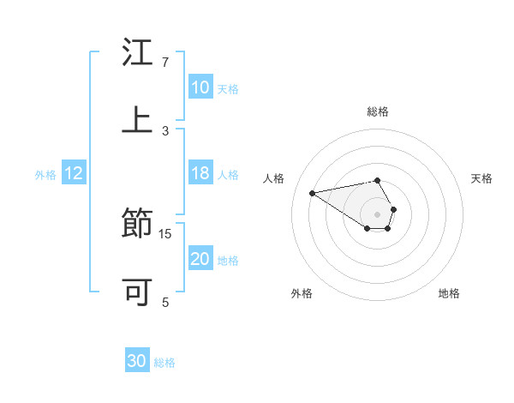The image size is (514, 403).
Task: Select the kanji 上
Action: (137, 119)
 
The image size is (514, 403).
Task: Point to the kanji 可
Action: (137, 292)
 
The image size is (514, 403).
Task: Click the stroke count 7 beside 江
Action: (165, 63)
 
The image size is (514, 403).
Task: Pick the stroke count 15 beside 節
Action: (165, 233)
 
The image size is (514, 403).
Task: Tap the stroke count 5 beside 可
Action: (165, 302)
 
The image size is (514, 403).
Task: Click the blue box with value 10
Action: (200, 87)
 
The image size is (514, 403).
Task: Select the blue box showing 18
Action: (200, 173)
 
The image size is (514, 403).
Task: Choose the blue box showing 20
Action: (200, 259)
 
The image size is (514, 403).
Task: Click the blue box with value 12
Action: (74, 174)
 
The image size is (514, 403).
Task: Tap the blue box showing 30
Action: (137, 361)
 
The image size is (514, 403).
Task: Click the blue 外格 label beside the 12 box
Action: (45, 175)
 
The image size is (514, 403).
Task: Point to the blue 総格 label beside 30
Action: (164, 363)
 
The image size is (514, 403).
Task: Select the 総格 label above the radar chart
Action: (377, 111)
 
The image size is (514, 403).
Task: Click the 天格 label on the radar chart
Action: (481, 178)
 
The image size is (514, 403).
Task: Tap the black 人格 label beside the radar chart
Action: (273, 178)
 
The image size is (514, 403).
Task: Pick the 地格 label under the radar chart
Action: (449, 293)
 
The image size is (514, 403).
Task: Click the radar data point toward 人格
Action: (312, 192)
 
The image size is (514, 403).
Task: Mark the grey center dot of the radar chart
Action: (377, 214)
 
